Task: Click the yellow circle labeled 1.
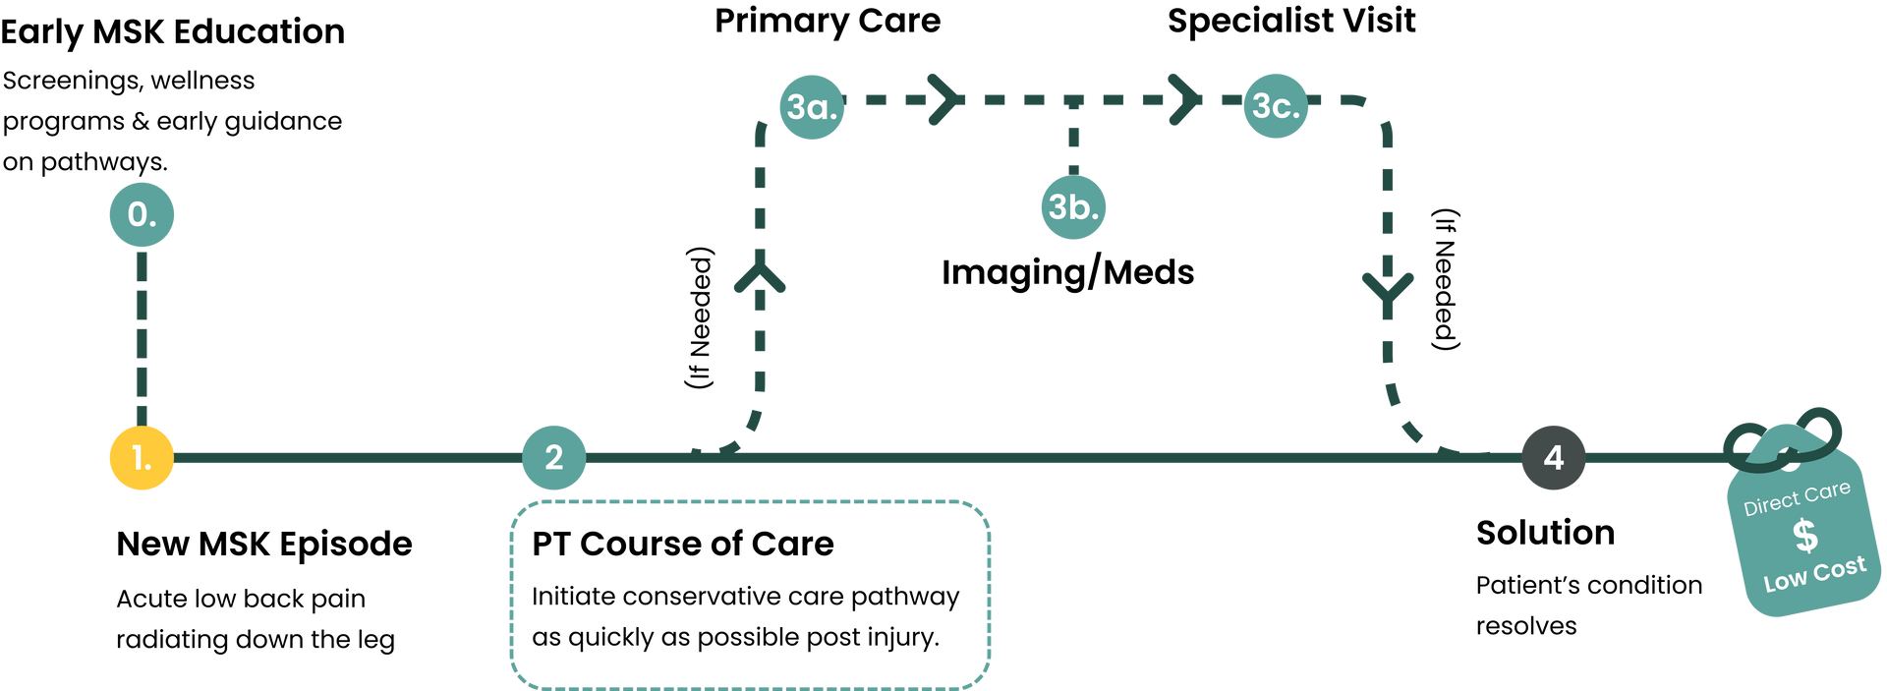point(142,458)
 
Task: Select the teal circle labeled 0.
point(142,214)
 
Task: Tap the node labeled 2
point(553,457)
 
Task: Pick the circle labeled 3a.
point(812,106)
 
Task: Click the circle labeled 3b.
point(1073,207)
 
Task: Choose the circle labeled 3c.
point(1276,106)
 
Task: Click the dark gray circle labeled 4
point(1553,457)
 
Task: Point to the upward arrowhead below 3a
point(760,275)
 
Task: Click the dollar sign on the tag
point(1804,536)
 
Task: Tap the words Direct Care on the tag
point(1797,499)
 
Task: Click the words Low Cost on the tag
point(1814,573)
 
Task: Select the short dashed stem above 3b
point(1073,138)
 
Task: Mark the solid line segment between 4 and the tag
point(1651,458)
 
